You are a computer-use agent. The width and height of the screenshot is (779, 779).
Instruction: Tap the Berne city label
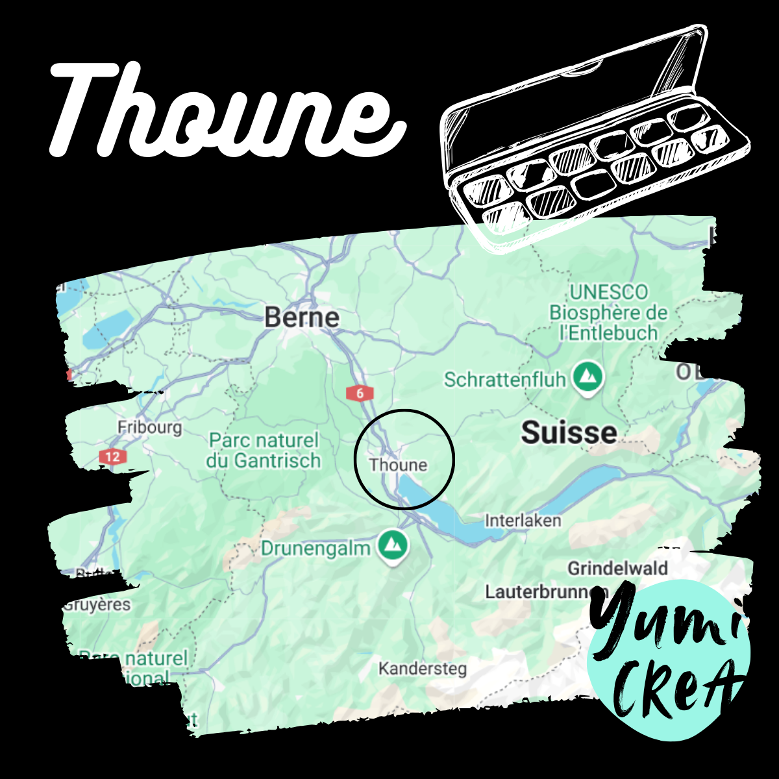point(302,317)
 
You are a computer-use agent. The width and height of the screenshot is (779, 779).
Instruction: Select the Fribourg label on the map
point(149,428)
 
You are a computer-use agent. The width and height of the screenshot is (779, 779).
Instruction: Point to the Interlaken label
point(523,521)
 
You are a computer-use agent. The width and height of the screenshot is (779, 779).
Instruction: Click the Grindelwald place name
point(617,569)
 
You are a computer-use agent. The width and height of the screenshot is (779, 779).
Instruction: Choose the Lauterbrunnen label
point(545,592)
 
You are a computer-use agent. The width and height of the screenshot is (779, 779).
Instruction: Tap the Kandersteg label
point(422,668)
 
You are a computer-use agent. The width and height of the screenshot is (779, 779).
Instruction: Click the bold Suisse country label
point(569,433)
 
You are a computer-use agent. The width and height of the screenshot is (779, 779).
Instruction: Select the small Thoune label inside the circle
point(398,465)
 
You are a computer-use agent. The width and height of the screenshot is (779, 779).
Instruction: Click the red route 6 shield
point(360,393)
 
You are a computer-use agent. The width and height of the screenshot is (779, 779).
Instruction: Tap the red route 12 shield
point(112,457)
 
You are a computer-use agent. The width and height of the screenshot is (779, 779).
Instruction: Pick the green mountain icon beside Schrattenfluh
point(588,377)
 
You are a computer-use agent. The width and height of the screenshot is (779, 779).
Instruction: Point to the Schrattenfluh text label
point(504,380)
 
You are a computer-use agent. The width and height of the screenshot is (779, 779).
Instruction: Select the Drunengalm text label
point(315,549)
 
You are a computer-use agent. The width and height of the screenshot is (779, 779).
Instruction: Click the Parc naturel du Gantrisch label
point(264,451)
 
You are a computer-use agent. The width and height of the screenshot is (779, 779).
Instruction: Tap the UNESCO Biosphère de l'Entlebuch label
point(608,312)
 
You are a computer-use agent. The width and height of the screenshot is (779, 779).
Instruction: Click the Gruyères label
point(97,605)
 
